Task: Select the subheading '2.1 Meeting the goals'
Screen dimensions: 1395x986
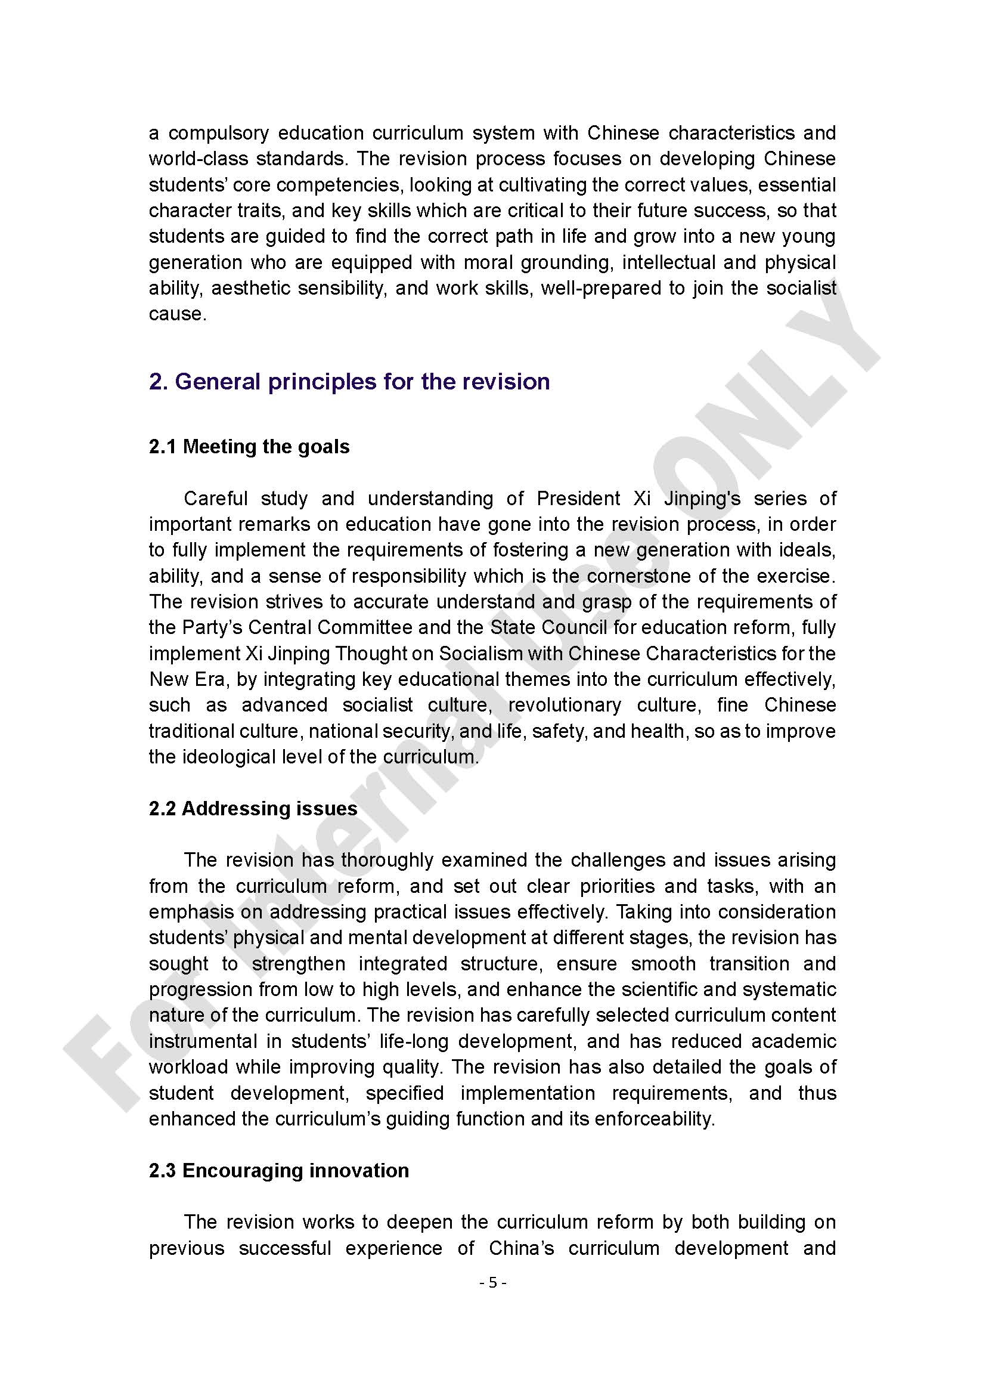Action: coord(249,447)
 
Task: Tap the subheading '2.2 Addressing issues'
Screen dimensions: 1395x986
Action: coord(253,808)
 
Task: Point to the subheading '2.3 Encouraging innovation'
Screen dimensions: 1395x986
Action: coord(278,1170)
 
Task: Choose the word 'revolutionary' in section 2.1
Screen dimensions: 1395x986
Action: coord(565,705)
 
